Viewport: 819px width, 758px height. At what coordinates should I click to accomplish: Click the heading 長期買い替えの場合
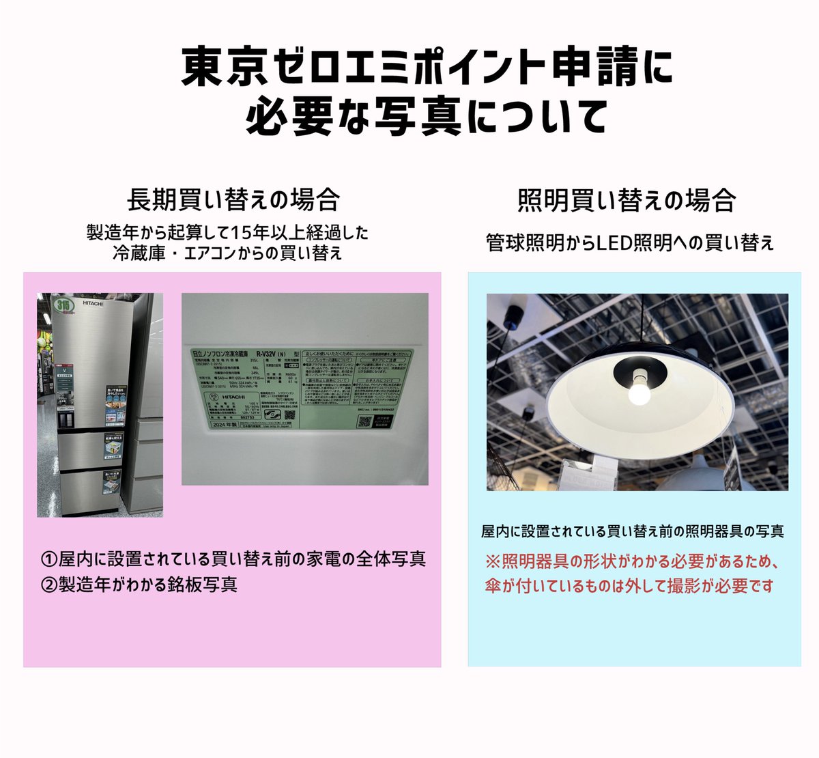(x=233, y=201)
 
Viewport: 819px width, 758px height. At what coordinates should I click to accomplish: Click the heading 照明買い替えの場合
(x=627, y=201)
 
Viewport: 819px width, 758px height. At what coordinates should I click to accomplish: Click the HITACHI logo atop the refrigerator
(x=93, y=303)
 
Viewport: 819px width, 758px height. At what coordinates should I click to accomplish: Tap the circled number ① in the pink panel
(x=49, y=559)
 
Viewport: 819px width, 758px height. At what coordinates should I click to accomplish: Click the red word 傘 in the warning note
(x=493, y=587)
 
